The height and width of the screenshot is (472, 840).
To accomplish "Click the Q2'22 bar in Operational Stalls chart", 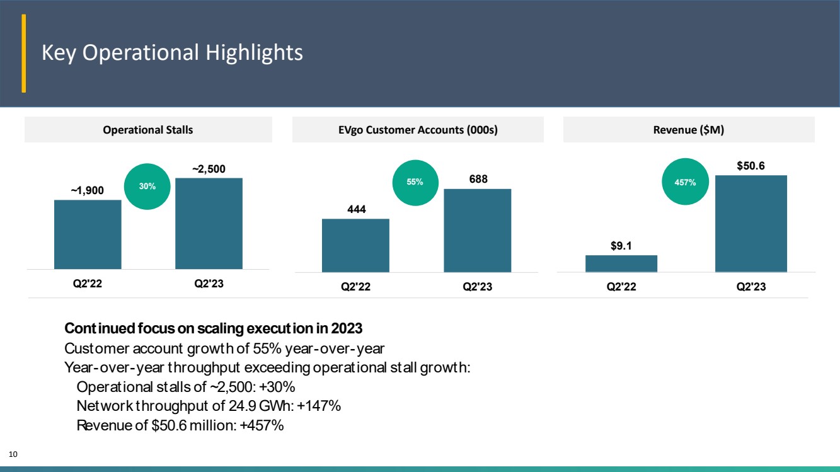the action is click(x=88, y=234).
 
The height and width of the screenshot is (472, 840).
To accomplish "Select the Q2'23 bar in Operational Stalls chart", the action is click(x=209, y=224).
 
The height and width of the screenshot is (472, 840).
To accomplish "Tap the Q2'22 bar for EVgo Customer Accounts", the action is click(x=355, y=246).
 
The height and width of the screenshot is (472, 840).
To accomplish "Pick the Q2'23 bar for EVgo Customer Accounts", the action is click(x=478, y=231).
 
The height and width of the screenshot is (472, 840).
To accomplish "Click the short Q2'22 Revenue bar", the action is click(x=621, y=263).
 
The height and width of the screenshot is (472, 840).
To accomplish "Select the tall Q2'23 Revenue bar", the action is click(x=751, y=224).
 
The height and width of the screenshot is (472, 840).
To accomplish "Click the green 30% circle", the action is click(x=147, y=187).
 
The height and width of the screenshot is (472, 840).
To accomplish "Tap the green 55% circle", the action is click(x=415, y=183).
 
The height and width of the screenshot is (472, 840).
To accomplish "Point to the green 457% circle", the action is click(x=685, y=181).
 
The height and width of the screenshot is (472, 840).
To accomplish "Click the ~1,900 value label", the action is click(x=88, y=190).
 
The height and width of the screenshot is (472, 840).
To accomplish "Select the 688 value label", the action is click(x=478, y=179).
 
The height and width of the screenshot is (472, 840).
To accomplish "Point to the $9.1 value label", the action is click(x=621, y=246).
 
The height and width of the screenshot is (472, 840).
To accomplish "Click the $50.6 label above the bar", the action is click(x=751, y=166).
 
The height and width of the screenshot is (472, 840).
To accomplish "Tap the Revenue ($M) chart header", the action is click(x=689, y=130).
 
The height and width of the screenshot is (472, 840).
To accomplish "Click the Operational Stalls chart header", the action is click(x=147, y=130).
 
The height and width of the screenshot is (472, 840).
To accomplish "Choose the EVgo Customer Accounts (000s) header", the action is click(x=418, y=130).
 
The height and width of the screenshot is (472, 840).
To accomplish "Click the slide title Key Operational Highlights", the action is click(x=172, y=52).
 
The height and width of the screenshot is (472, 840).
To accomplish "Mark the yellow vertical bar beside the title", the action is click(x=23, y=53).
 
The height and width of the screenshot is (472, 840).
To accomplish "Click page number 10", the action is click(x=13, y=454).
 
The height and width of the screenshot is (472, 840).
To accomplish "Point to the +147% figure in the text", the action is click(x=319, y=406).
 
